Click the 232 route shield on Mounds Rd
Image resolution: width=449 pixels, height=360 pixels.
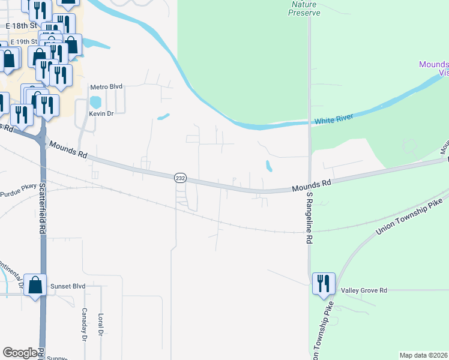click(x=180, y=178)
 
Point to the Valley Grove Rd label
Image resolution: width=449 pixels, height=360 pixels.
click(x=364, y=290)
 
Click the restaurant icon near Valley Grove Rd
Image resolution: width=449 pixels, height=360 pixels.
click(x=324, y=283)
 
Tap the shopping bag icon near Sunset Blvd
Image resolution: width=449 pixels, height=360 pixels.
click(x=35, y=285)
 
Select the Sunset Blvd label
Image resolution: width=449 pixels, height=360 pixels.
click(x=68, y=286)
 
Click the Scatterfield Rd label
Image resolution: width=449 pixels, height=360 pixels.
click(x=43, y=208)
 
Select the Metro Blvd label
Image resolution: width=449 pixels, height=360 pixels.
click(x=106, y=87)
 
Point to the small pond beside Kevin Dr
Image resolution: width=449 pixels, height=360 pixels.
click(x=95, y=103)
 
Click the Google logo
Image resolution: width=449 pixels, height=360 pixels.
click(x=20, y=353)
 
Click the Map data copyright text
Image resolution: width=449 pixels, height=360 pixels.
click(x=423, y=355)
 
